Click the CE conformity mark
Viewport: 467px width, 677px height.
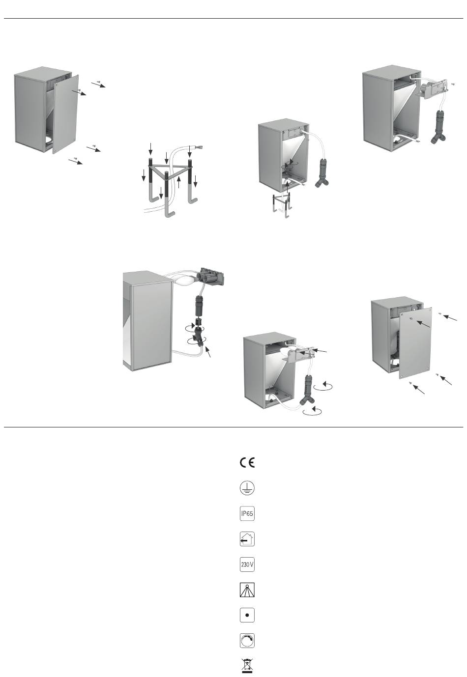click(x=247, y=463)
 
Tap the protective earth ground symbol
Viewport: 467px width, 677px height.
click(x=247, y=488)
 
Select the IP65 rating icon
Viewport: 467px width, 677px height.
click(x=247, y=514)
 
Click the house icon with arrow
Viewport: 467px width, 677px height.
click(x=247, y=539)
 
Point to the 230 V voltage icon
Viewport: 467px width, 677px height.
click(x=247, y=565)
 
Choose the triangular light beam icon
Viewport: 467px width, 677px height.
click(x=247, y=590)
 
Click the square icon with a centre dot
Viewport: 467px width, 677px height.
click(x=247, y=615)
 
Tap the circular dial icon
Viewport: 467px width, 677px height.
click(x=247, y=641)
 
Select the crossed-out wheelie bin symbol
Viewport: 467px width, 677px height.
click(x=247, y=666)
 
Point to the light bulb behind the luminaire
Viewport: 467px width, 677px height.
click(x=183, y=281)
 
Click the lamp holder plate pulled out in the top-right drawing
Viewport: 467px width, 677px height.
click(x=435, y=88)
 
